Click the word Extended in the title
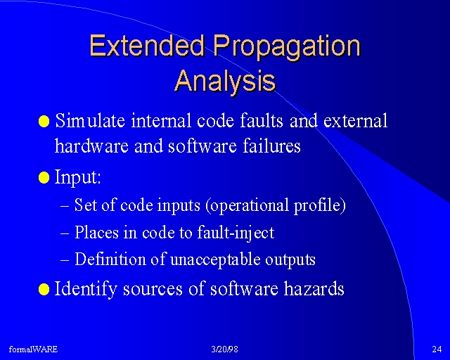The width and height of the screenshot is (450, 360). (x=147, y=46)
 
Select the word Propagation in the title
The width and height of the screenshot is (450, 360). (x=287, y=48)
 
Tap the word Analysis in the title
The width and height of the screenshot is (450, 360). (x=225, y=82)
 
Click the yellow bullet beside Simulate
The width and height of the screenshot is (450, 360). (x=44, y=121)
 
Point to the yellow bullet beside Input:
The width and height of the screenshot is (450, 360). (x=44, y=177)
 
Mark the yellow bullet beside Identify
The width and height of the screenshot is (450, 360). (x=44, y=289)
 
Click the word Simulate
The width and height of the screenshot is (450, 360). (x=90, y=120)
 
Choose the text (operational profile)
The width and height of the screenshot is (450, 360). (x=276, y=205)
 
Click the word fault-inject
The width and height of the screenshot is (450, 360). (x=236, y=233)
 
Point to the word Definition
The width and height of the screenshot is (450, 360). (x=110, y=259)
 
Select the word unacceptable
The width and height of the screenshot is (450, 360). (x=215, y=260)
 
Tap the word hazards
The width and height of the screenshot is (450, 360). (x=314, y=288)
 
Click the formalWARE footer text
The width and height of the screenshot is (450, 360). (x=33, y=349)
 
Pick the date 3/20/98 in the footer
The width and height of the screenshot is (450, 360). (x=225, y=349)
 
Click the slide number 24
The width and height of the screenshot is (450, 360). (x=437, y=349)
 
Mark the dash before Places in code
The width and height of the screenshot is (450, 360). (x=65, y=233)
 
